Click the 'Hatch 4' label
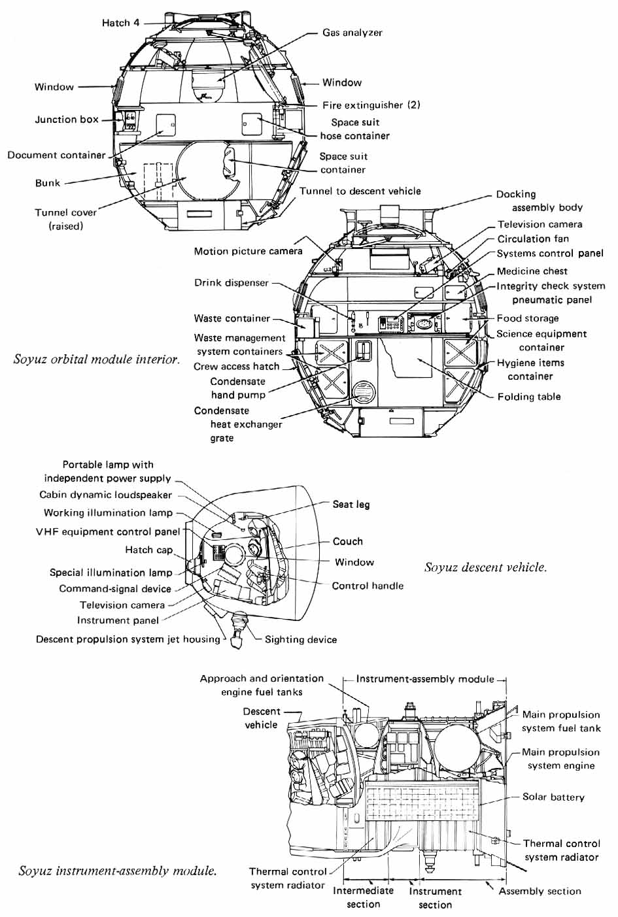tap(120, 23)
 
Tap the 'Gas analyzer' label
tap(352, 33)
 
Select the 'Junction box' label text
tap(67, 120)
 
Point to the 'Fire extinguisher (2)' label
tap(371, 105)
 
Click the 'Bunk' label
tap(48, 183)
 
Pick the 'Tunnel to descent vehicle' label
tap(360, 191)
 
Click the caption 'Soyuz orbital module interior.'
tap(96, 359)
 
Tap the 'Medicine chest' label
tap(532, 271)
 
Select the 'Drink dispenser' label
tap(232, 283)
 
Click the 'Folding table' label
tap(528, 397)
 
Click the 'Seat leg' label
tap(351, 504)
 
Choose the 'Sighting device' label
tap(301, 639)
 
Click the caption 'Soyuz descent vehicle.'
tap(485, 567)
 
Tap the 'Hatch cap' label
tap(149, 550)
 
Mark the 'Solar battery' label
tap(553, 797)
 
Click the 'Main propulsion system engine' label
tap(560, 759)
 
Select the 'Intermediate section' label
tap(363, 897)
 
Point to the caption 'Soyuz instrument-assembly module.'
tap(118, 871)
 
